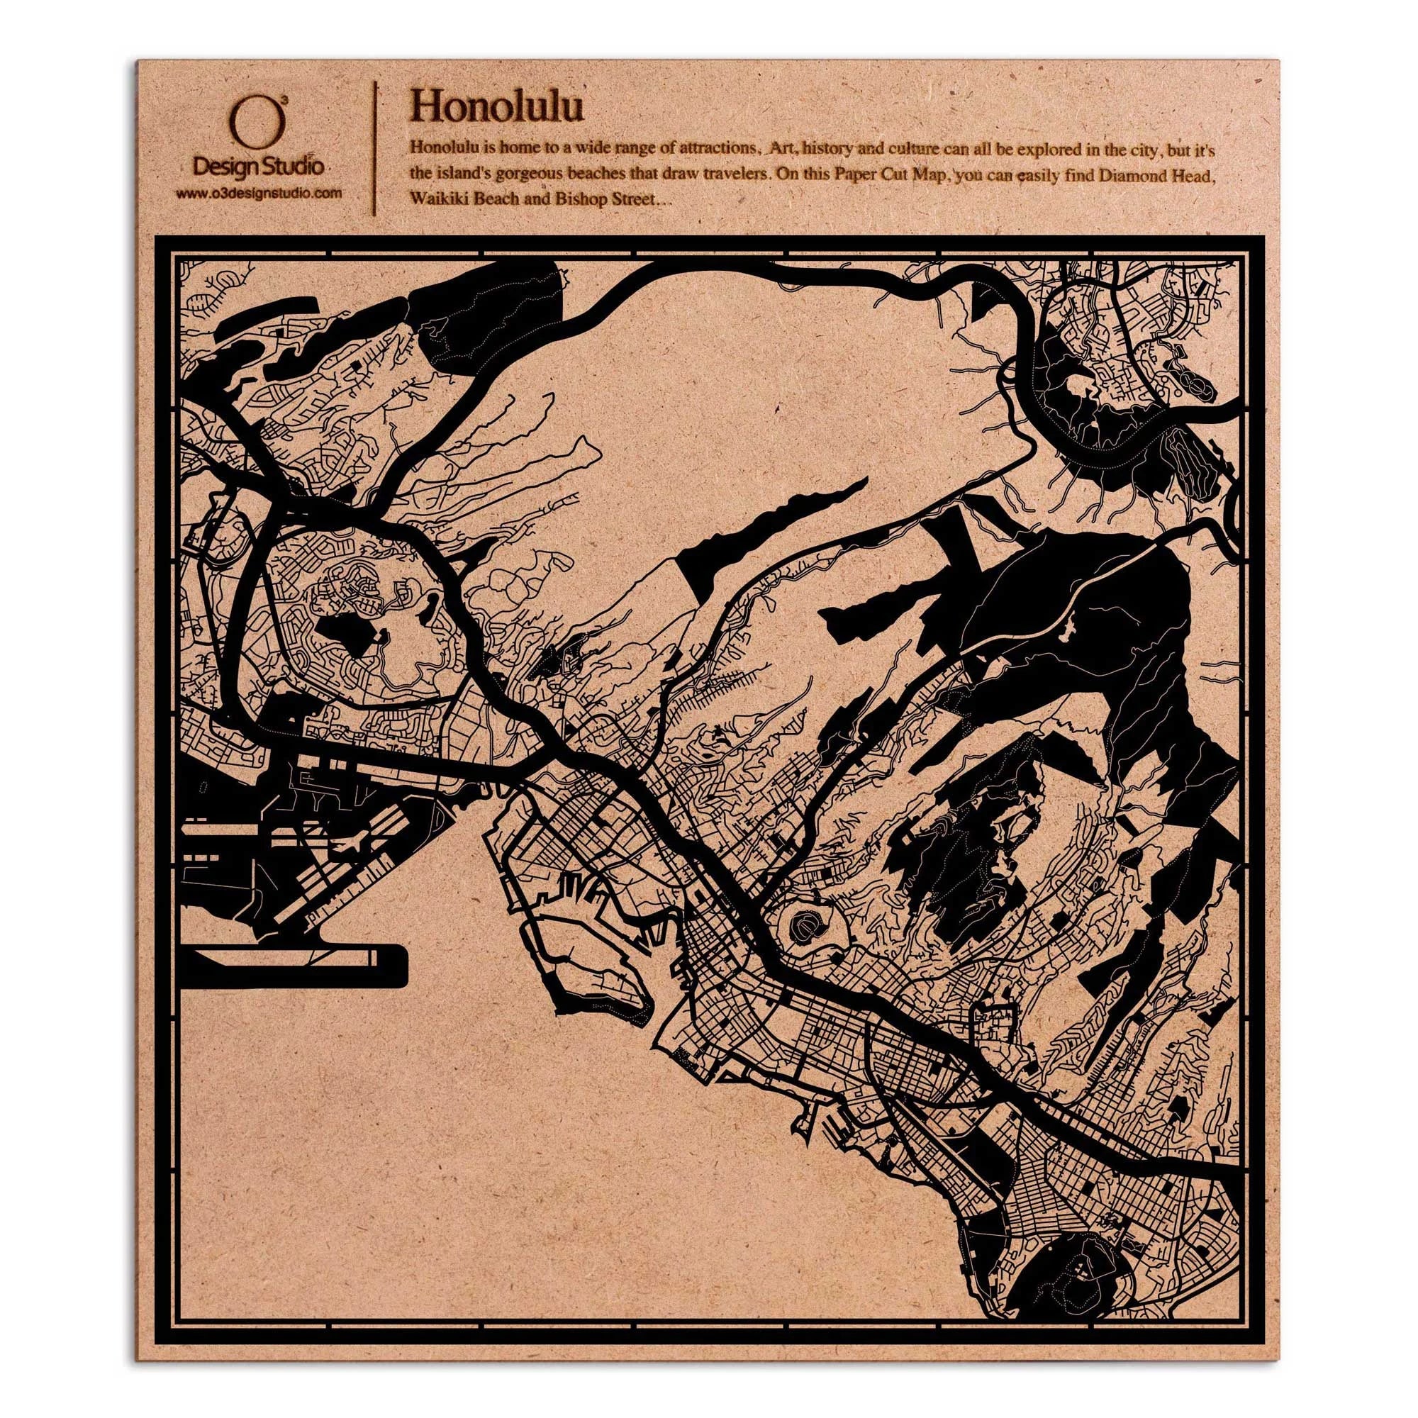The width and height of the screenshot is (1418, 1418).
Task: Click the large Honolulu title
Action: click(x=497, y=106)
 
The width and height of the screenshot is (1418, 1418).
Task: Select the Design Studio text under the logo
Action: click(x=257, y=167)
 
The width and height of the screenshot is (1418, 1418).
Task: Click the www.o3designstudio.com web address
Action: click(x=258, y=193)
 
